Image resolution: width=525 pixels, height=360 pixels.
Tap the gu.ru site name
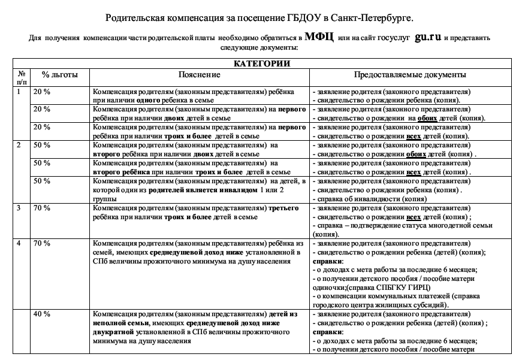(x=427, y=37)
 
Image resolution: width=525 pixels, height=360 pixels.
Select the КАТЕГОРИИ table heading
(x=262, y=63)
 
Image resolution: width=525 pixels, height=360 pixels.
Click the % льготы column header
(x=55, y=75)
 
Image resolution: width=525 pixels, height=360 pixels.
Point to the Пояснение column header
(x=200, y=75)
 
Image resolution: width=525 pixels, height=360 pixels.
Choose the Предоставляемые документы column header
(x=410, y=75)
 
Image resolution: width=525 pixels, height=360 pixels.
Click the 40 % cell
(x=41, y=314)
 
